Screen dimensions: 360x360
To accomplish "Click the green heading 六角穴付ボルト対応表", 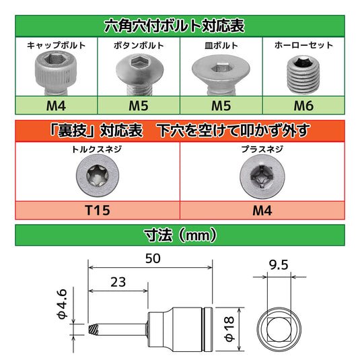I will (x=180, y=26).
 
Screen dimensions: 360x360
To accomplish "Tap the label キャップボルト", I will (x=56, y=45).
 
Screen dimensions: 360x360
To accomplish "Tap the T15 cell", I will (x=98, y=209).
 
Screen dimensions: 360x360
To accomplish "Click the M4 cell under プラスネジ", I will (x=262, y=209).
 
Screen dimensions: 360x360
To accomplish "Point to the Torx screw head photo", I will (x=97, y=177).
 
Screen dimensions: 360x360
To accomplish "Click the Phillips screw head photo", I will (x=262, y=177).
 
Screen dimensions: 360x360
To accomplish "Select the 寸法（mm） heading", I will (x=180, y=236).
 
